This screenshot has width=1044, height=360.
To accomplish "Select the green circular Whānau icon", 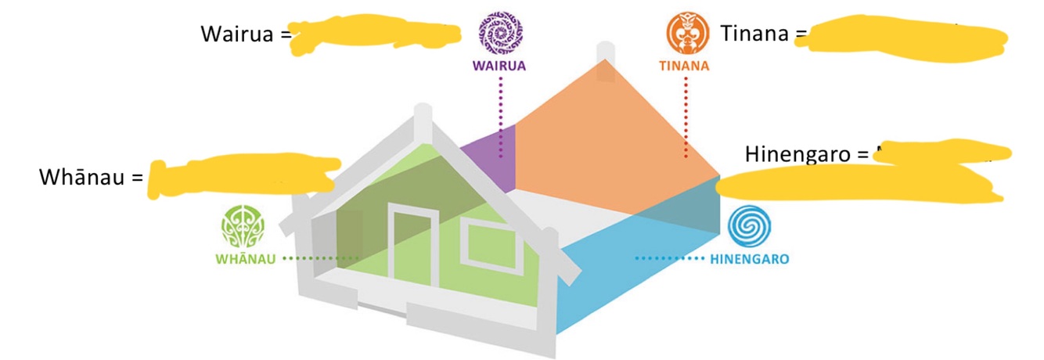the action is (x=243, y=228).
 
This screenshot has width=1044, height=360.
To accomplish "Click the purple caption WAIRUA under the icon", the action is (x=499, y=67).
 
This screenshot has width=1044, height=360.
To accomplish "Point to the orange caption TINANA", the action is (x=683, y=67).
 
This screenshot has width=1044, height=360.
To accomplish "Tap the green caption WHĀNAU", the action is (x=245, y=258).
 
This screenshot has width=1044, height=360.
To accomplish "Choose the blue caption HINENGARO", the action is (x=749, y=258).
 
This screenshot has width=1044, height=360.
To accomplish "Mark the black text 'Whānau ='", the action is (x=92, y=178).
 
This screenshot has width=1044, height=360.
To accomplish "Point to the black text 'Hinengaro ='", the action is (x=806, y=153).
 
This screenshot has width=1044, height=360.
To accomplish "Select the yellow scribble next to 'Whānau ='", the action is (x=243, y=177).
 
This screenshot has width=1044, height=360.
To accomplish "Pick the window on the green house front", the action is (x=485, y=243).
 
